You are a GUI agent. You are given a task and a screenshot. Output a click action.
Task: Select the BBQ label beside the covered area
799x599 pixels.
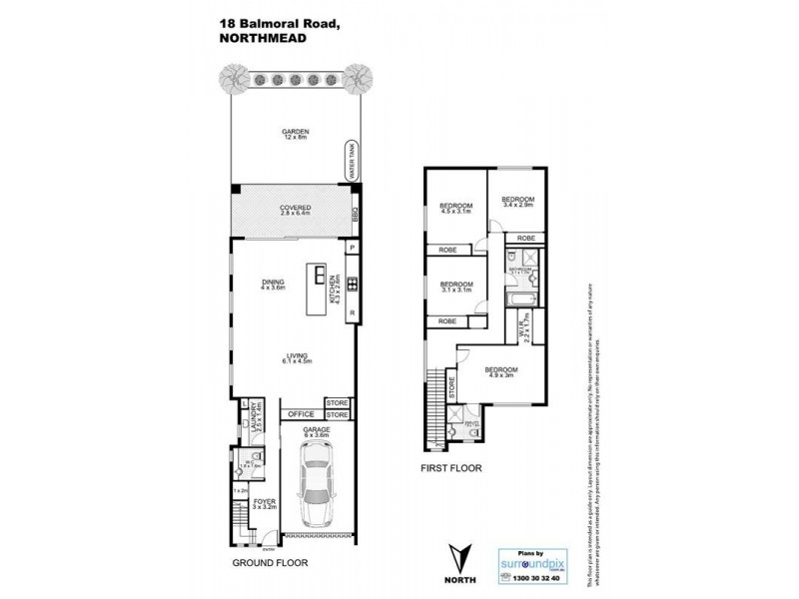point(354,216)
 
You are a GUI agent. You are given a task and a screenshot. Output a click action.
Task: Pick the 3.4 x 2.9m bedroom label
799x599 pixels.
point(517,202)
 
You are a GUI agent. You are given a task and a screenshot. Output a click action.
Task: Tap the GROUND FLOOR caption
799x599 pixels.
point(269,562)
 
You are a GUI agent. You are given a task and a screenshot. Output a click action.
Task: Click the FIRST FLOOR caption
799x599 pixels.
point(450,465)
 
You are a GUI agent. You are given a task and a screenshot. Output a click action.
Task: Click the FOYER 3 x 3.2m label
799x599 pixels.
point(263,505)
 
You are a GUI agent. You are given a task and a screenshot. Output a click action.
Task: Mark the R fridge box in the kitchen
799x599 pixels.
point(352,316)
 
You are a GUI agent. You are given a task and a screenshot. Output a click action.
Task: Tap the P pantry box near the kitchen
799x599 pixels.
point(352,247)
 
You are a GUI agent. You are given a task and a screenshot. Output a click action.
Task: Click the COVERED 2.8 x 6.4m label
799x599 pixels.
point(296,211)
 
